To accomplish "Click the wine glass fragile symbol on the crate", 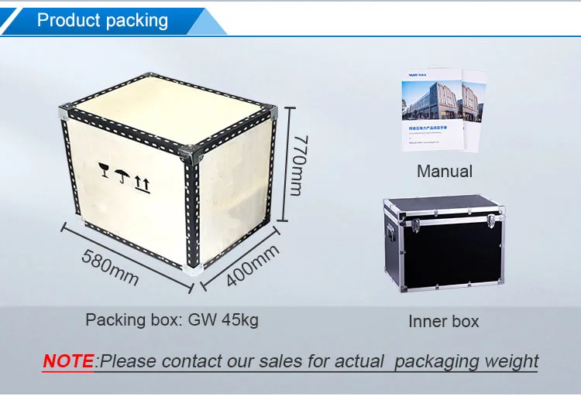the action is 103,169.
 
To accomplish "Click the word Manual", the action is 444,171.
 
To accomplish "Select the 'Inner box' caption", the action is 444,321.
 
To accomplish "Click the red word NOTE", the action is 68,360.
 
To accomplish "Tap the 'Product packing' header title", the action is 102,20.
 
